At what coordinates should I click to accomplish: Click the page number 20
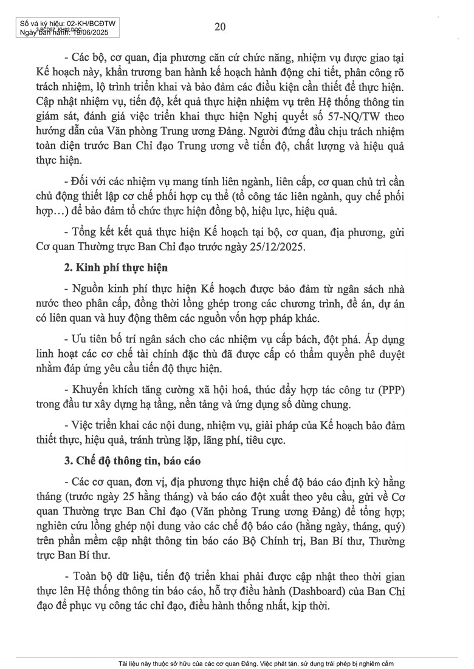pyautogui.click(x=221, y=25)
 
